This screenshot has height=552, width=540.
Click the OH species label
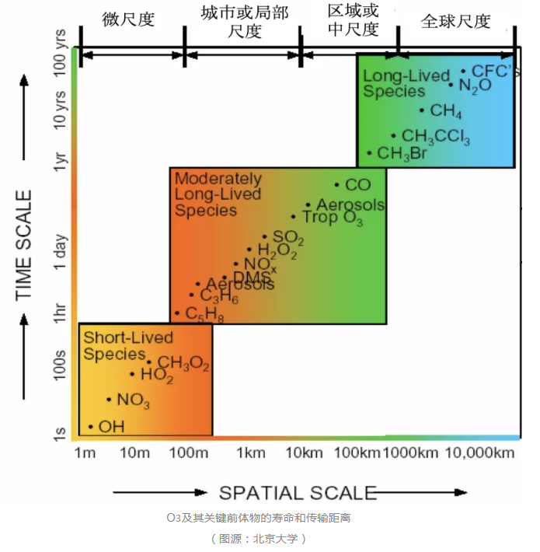[111, 426]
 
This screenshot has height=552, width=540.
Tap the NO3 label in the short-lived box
[133, 400]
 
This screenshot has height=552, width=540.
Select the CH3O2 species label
[183, 362]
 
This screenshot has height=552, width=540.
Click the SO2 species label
[287, 237]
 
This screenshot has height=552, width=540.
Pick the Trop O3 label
[332, 218]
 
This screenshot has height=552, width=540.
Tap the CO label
[357, 185]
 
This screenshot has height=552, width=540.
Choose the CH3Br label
[402, 153]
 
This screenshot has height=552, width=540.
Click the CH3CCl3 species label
[436, 137]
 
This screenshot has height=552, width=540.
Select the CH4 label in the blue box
[446, 111]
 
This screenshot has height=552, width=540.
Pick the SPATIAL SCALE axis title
[297, 492]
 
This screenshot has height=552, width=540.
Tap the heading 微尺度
[129, 19]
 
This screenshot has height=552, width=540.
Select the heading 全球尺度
[456, 21]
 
